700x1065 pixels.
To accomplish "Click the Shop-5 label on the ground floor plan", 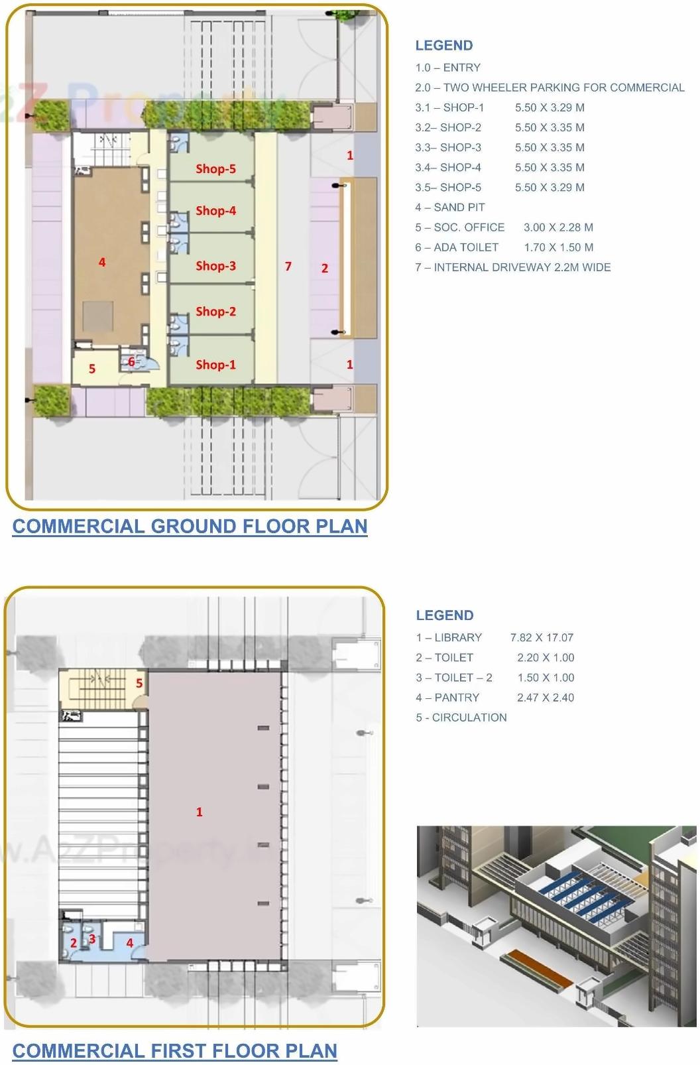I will [x=215, y=169].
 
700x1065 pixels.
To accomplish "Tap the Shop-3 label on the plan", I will [x=215, y=266].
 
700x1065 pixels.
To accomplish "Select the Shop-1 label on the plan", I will [x=215, y=365].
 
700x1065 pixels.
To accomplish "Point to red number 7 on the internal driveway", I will [x=288, y=266].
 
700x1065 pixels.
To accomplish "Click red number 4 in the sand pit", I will [x=102, y=263].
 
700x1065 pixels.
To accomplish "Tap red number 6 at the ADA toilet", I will [x=131, y=361].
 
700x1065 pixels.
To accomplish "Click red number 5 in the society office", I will [x=92, y=369].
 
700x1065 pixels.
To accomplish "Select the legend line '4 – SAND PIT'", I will [x=450, y=208].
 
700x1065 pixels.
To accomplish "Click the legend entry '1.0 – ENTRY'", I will [x=447, y=68].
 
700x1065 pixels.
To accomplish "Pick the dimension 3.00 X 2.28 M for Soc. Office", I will [x=558, y=227].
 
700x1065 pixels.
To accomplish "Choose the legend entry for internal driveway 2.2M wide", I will [x=513, y=267].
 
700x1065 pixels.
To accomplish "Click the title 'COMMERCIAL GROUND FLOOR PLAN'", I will [x=190, y=527].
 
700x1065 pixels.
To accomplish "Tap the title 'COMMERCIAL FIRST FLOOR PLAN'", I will [x=175, y=1051].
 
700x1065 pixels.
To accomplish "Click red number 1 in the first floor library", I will [x=199, y=812].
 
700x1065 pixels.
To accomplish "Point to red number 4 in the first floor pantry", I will [x=130, y=943].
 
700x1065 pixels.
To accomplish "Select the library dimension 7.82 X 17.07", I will [x=542, y=638].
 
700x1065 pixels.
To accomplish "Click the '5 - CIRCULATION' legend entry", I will [x=461, y=718].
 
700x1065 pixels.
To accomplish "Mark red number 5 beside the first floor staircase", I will [x=139, y=683].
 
